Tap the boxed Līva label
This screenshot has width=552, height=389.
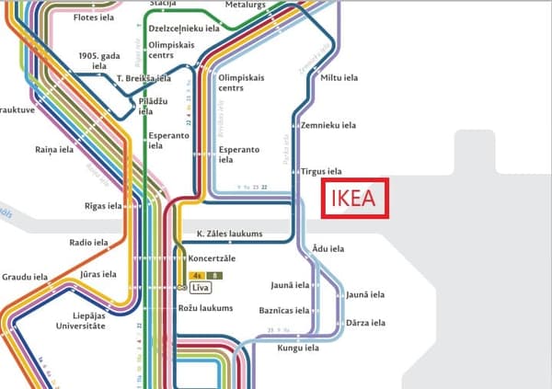pyautogui.click(x=202, y=288)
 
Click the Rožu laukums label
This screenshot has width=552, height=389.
pyautogui.click(x=205, y=308)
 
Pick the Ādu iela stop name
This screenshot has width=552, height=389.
pyautogui.click(x=328, y=248)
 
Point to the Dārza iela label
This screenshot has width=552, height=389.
pyautogui.click(x=365, y=323)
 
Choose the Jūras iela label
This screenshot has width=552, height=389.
pyautogui.click(x=97, y=274)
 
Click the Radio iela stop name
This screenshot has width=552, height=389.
pyautogui.click(x=88, y=243)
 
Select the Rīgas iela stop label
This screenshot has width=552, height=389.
pyautogui.click(x=102, y=205)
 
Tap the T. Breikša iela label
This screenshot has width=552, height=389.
pyautogui.click(x=144, y=79)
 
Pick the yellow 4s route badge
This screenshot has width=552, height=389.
pyautogui.click(x=198, y=275)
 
